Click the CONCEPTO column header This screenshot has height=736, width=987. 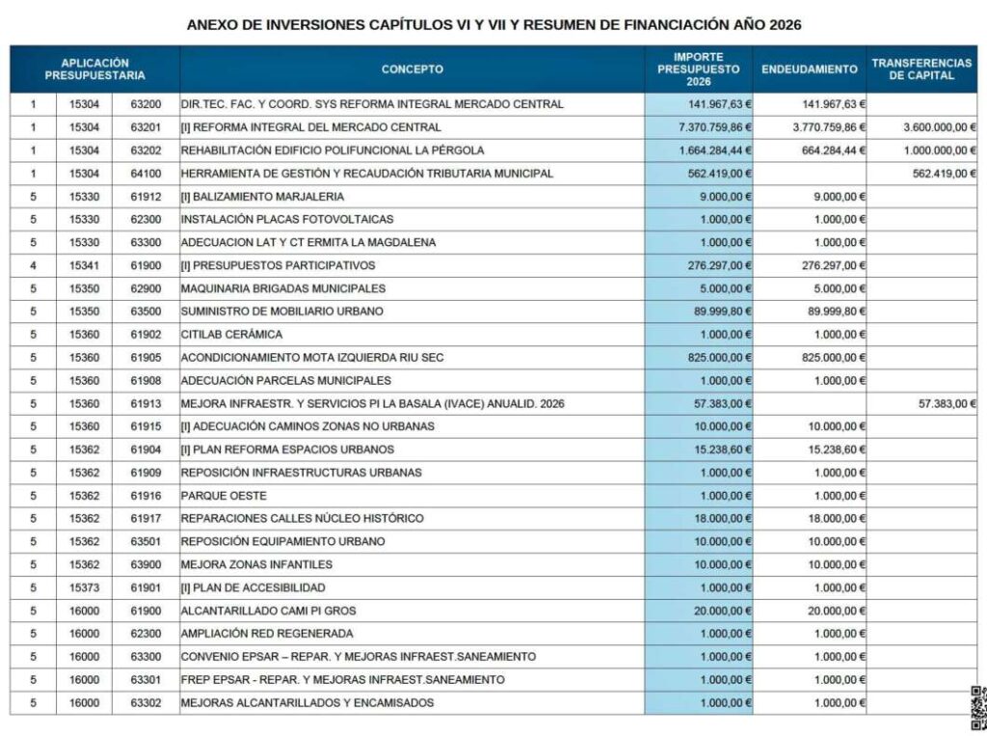click(412, 69)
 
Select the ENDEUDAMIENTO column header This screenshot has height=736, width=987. click(809, 69)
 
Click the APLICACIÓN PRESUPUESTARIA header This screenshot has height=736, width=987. click(94, 69)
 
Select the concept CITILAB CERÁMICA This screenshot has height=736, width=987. click(231, 335)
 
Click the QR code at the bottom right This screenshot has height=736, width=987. click(978, 708)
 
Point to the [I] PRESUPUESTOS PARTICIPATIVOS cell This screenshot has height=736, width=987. click(278, 265)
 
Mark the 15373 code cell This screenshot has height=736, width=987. click(84, 587)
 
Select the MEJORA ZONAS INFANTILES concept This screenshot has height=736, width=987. click(256, 564)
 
